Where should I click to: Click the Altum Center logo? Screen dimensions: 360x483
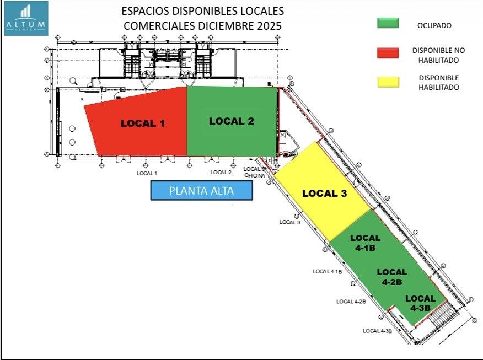click(x=26, y=18)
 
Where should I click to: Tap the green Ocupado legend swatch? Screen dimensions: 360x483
click(x=388, y=23)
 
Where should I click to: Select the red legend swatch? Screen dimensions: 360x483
click(x=388, y=53)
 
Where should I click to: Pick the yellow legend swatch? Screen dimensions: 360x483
click(x=388, y=82)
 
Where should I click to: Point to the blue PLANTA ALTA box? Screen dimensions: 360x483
click(x=201, y=191)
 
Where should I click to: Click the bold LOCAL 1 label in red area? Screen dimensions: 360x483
click(x=143, y=123)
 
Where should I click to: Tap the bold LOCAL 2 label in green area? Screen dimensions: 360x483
click(x=232, y=121)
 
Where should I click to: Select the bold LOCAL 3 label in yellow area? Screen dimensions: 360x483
click(x=324, y=194)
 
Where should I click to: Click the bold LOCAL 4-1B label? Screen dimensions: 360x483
click(x=366, y=243)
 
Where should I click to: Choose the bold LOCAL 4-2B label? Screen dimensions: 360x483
click(x=392, y=277)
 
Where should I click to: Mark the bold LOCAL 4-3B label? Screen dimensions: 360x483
click(x=421, y=303)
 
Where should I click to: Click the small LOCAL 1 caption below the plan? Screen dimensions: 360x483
click(x=147, y=173)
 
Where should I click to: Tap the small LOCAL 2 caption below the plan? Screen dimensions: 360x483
click(x=221, y=173)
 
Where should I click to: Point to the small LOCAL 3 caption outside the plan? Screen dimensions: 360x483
click(x=290, y=222)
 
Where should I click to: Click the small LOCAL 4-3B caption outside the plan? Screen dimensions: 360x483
click(x=377, y=331)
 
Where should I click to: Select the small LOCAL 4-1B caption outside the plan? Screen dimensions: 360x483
click(x=328, y=271)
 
